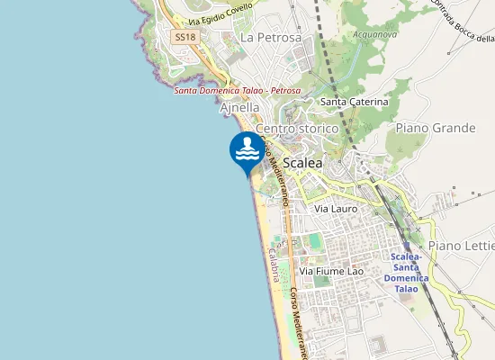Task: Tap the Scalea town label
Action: (x=302, y=163)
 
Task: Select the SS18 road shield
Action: (x=184, y=37)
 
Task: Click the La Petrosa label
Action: (x=271, y=38)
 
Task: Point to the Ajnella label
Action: (x=240, y=107)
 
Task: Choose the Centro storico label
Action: (x=297, y=129)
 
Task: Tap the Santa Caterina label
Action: (x=355, y=103)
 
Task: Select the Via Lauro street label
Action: (x=336, y=208)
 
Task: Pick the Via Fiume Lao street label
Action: (x=337, y=271)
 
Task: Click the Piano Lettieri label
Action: (x=462, y=246)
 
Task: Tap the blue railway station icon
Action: (x=407, y=245)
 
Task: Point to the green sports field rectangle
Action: (x=313, y=241)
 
